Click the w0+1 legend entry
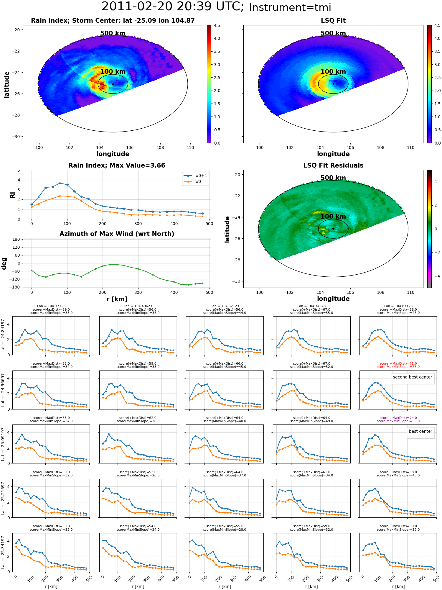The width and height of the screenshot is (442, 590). pos(195,176)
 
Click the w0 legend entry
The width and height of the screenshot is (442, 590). pos(192,181)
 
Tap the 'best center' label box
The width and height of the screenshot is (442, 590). pos(420,431)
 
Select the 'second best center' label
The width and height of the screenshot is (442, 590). pos(413,377)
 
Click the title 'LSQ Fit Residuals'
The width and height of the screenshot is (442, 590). pos(333,165)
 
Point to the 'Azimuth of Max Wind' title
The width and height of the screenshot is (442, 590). pos(117,234)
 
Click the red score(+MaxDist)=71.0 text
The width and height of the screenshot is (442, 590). pos(398,364)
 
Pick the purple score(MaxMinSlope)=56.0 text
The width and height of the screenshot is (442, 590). pos(398,421)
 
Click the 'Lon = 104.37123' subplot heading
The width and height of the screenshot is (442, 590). pos(51,306)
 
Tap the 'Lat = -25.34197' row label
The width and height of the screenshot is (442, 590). pos(3,553)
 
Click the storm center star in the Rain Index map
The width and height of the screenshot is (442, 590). pos(113,84)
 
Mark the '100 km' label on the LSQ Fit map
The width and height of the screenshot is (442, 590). pos(333,72)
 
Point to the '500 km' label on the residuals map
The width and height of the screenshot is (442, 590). pos(333,178)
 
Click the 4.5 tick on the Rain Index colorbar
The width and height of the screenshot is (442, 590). pos(217,25)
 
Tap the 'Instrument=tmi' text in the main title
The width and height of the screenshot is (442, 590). pos(290,7)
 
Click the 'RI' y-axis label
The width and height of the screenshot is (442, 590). pos(12,195)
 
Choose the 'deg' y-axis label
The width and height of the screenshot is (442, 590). pos(4,263)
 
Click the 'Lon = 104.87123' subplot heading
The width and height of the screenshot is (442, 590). pos(398,306)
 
